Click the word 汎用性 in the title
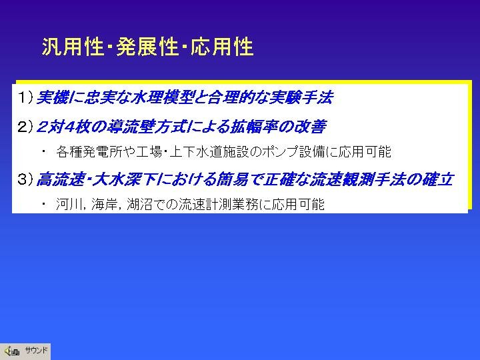[x=72, y=47]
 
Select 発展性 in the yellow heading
[x=147, y=47]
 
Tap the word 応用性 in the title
[x=222, y=47]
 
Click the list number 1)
[x=25, y=97]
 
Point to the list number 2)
[x=25, y=127]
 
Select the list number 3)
[x=25, y=179]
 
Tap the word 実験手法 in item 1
[x=301, y=97]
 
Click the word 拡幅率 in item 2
[x=254, y=127]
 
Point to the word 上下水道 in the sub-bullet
[x=195, y=152]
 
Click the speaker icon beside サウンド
[x=12, y=351]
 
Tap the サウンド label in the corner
[x=36, y=350]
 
